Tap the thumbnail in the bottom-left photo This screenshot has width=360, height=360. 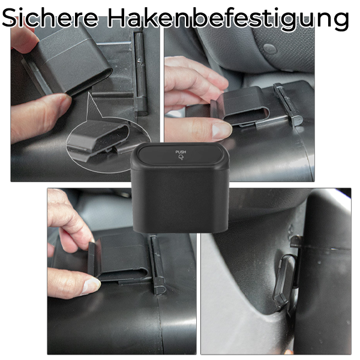[x=90, y=284]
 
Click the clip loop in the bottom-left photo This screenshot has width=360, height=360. [x=120, y=261]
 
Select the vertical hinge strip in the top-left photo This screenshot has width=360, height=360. [x=141, y=72]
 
